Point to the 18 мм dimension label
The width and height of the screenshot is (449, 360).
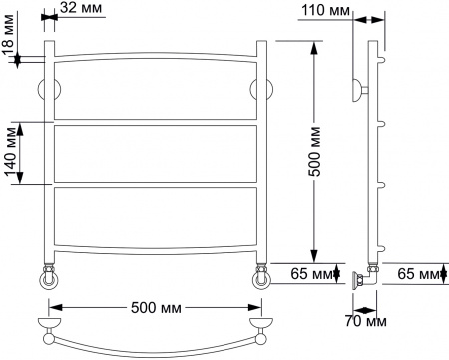click(10, 50)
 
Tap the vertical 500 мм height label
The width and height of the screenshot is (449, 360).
click(314, 150)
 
